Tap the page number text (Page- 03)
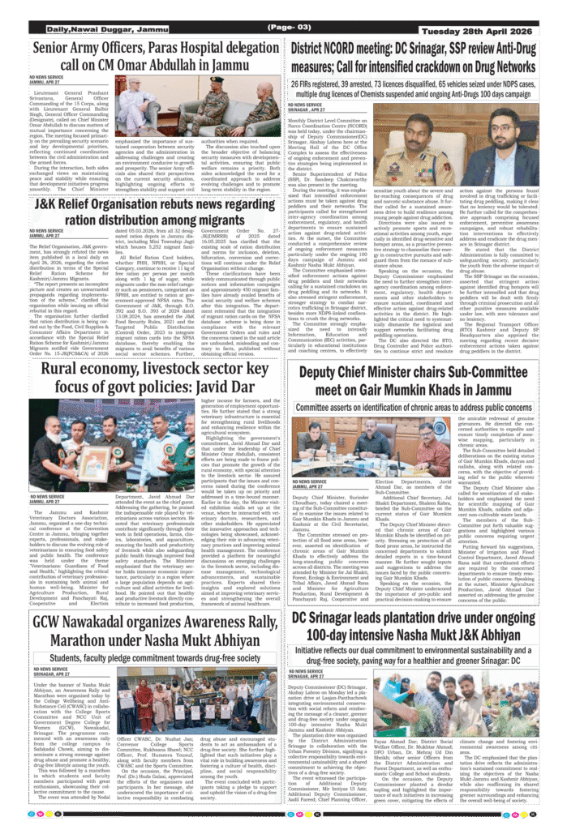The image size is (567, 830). point(283,28)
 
